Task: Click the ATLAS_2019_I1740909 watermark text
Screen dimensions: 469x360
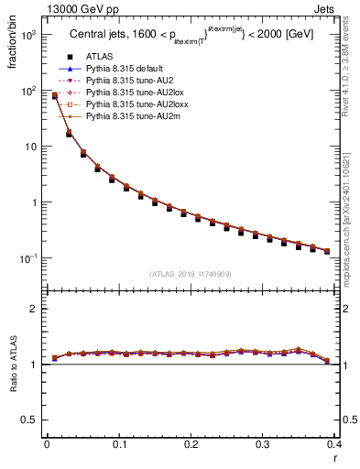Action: point(191,274)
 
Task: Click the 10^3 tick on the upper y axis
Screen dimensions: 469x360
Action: point(31,35)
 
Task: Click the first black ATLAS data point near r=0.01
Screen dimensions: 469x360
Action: point(54,96)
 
